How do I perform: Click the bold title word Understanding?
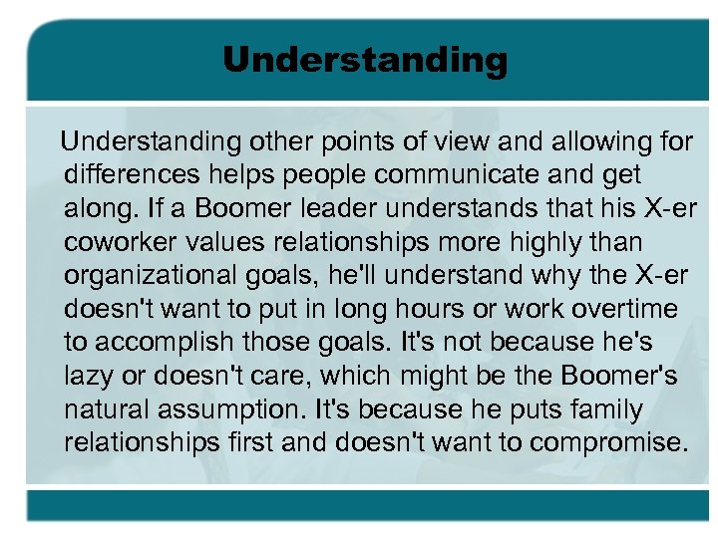coord(365,61)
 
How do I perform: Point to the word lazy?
coord(87,377)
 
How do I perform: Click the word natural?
coord(106,409)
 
